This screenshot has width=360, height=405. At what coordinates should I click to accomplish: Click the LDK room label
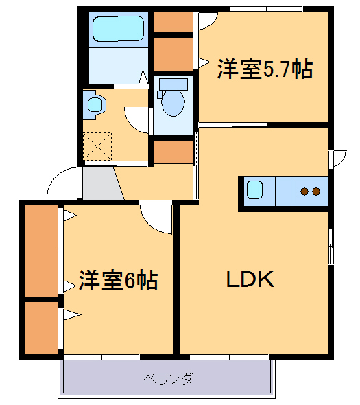click(251, 279)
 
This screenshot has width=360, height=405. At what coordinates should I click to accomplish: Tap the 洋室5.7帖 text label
click(265, 69)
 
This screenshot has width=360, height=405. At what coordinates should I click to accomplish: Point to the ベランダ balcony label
click(167, 378)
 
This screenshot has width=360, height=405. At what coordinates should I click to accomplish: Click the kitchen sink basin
click(256, 190)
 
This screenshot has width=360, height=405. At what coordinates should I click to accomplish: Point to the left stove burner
click(304, 192)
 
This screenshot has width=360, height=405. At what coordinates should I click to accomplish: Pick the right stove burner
click(316, 192)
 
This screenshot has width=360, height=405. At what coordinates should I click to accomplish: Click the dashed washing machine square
click(97, 146)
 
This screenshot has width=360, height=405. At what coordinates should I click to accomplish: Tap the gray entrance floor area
click(100, 183)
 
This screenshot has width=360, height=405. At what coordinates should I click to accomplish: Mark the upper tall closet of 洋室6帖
click(42, 251)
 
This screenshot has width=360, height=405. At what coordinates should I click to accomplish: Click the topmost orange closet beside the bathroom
click(173, 21)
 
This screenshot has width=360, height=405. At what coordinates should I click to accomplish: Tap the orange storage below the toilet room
click(173, 151)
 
